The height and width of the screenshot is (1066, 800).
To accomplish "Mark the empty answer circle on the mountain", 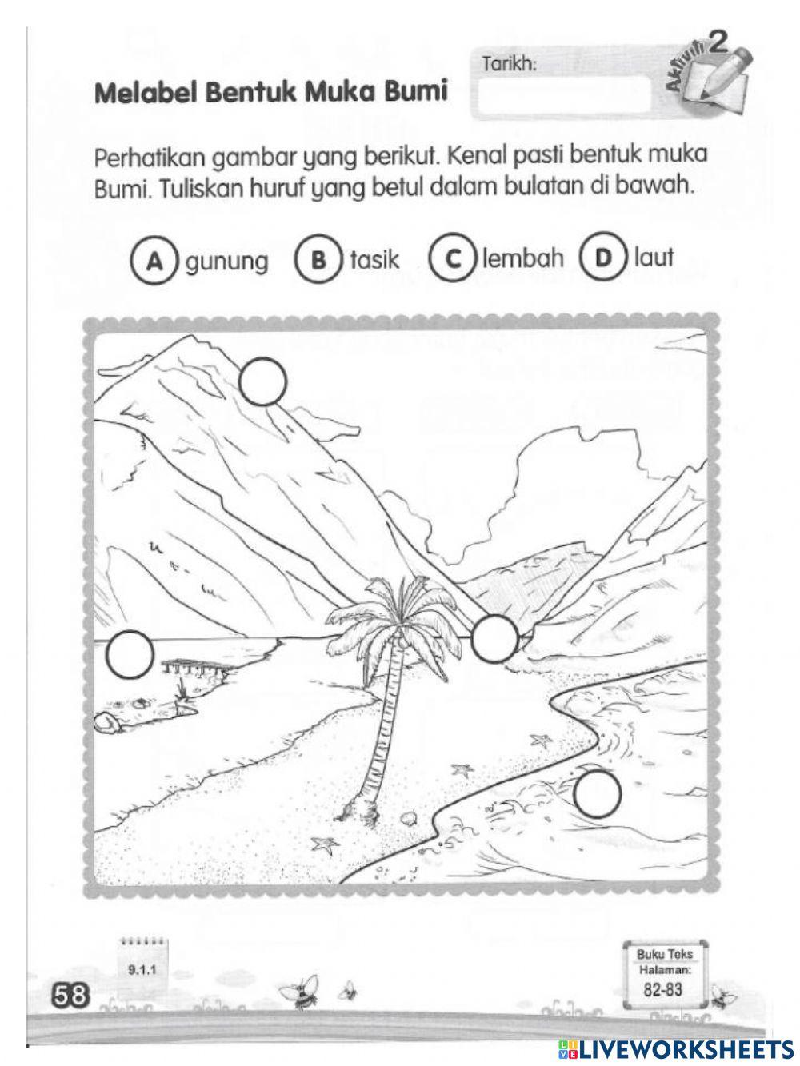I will click(262, 381).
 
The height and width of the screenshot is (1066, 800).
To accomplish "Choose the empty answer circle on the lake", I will click(130, 654).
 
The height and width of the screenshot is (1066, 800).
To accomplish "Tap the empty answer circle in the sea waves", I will click(597, 793).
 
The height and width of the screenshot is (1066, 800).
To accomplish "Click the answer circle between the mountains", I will click(494, 638).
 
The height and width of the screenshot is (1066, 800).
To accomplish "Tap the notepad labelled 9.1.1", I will click(145, 963).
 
